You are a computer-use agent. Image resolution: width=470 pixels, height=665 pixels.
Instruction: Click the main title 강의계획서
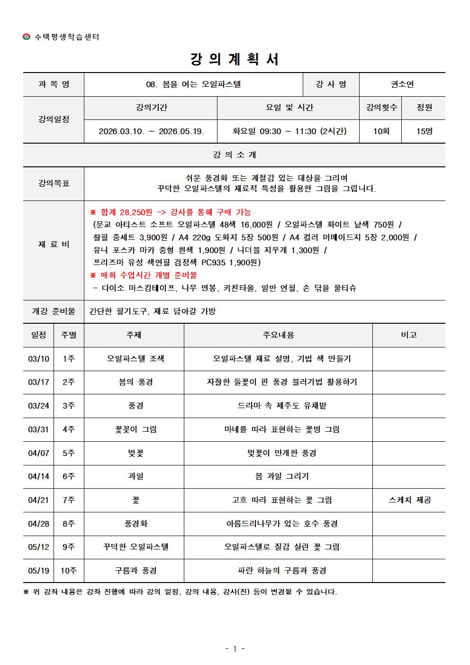coord(235,59)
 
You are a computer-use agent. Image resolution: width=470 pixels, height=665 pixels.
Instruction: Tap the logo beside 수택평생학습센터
coord(27,37)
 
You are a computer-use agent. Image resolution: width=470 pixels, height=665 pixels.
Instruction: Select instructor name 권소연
coord(402,84)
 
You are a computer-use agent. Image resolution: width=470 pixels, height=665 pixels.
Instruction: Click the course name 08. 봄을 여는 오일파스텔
coord(193,84)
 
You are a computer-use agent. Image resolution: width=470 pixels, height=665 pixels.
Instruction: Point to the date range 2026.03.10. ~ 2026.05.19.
coord(151,131)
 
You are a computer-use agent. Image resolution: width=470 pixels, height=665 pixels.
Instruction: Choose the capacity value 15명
coord(424,131)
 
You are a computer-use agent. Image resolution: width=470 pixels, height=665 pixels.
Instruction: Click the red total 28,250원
coord(135,212)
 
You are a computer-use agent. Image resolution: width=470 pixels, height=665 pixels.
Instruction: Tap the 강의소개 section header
coord(235,155)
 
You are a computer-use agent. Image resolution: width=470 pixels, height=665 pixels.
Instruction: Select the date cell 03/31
coord(38,429)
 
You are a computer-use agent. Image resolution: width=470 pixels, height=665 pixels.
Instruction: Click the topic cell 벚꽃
coord(136,453)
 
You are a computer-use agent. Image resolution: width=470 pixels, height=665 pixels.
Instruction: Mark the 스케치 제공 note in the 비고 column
coord(409,500)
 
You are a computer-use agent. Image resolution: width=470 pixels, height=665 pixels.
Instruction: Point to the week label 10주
coord(69,571)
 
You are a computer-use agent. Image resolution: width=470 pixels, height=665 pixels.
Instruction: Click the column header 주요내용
coord(278,335)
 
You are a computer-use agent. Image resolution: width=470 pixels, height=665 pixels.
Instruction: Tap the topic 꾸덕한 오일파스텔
coord(136,547)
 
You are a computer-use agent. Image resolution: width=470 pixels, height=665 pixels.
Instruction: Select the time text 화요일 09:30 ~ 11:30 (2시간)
coord(289,131)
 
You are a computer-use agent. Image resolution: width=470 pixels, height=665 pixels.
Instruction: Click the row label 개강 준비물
coord(54,311)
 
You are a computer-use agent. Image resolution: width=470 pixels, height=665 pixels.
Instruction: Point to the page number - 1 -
coord(235,649)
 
